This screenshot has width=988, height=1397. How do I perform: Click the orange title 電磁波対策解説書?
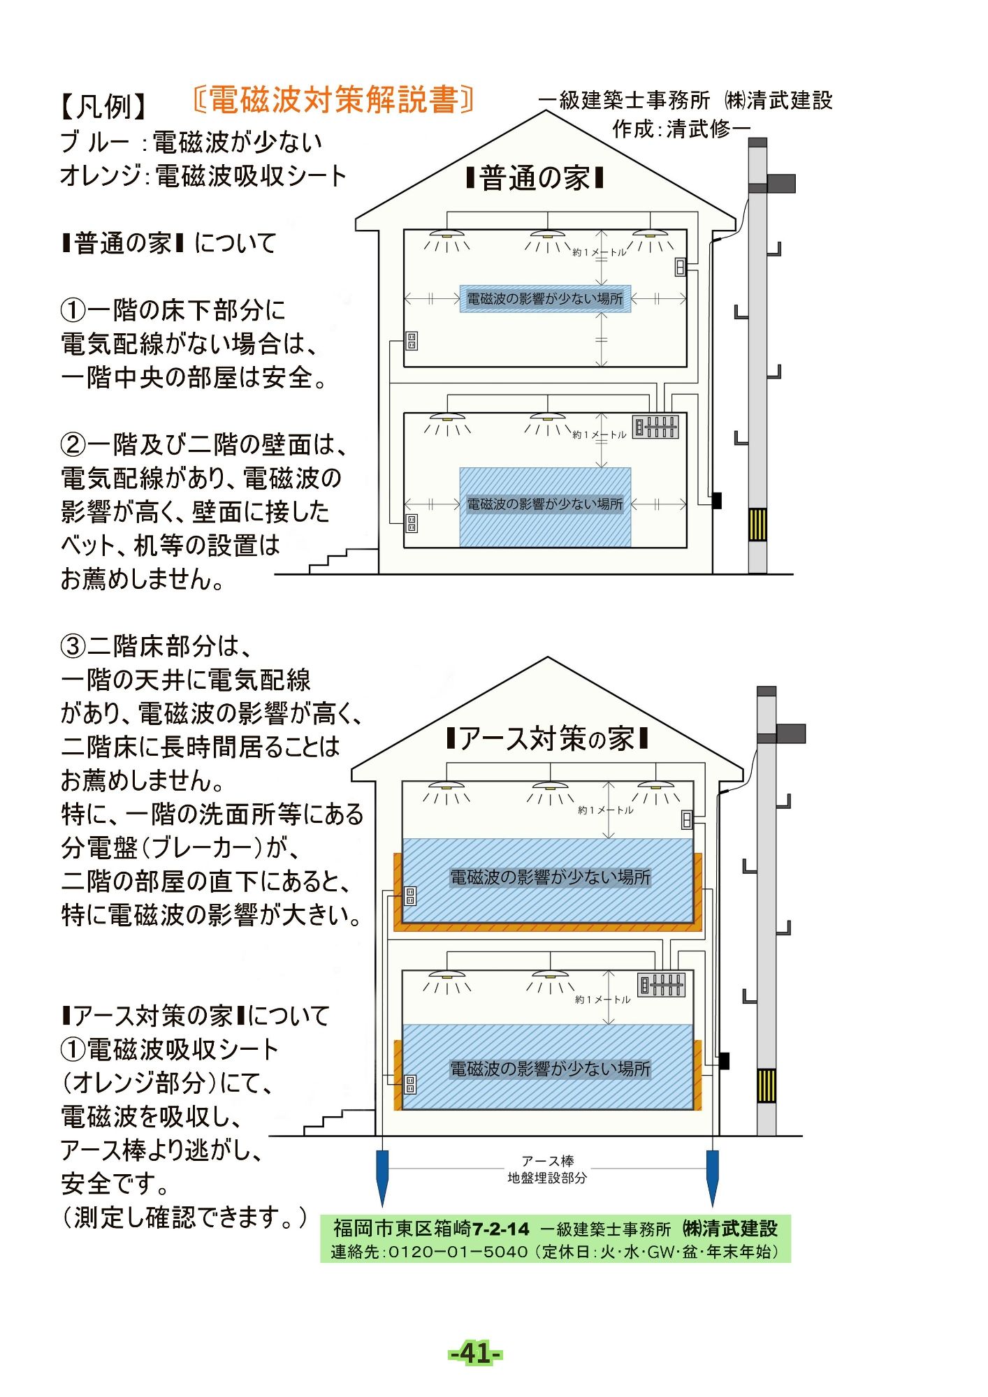pos(333,101)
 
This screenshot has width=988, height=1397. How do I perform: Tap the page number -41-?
pos(474,1353)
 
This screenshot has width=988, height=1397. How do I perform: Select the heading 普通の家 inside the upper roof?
pos(535,179)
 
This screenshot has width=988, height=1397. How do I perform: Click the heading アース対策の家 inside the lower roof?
pos(547,738)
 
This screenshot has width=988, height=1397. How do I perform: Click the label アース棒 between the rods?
pos(547,1161)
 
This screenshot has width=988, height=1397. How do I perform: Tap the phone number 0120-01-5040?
pos(457,1252)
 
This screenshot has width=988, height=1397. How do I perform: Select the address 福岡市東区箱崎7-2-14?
pos(431,1228)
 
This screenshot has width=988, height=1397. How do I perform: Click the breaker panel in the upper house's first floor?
pos(655,426)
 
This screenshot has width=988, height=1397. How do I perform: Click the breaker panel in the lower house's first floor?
pos(661,985)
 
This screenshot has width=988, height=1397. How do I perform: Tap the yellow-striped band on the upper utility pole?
pos(757,525)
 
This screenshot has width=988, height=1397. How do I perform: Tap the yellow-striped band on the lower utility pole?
pos(767,1085)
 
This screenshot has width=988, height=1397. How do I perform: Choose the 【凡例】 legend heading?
pos(103,106)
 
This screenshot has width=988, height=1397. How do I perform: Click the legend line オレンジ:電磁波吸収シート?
pos(203,176)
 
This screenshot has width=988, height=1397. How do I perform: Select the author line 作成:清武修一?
pos(681,129)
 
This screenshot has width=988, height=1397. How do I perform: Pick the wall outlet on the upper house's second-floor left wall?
pos(412,341)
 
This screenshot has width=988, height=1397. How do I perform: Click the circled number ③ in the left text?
pos(73,646)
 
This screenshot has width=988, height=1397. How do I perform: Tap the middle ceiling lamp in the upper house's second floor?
pos(548,235)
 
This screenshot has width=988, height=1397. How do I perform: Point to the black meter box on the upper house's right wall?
pos(716,500)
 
